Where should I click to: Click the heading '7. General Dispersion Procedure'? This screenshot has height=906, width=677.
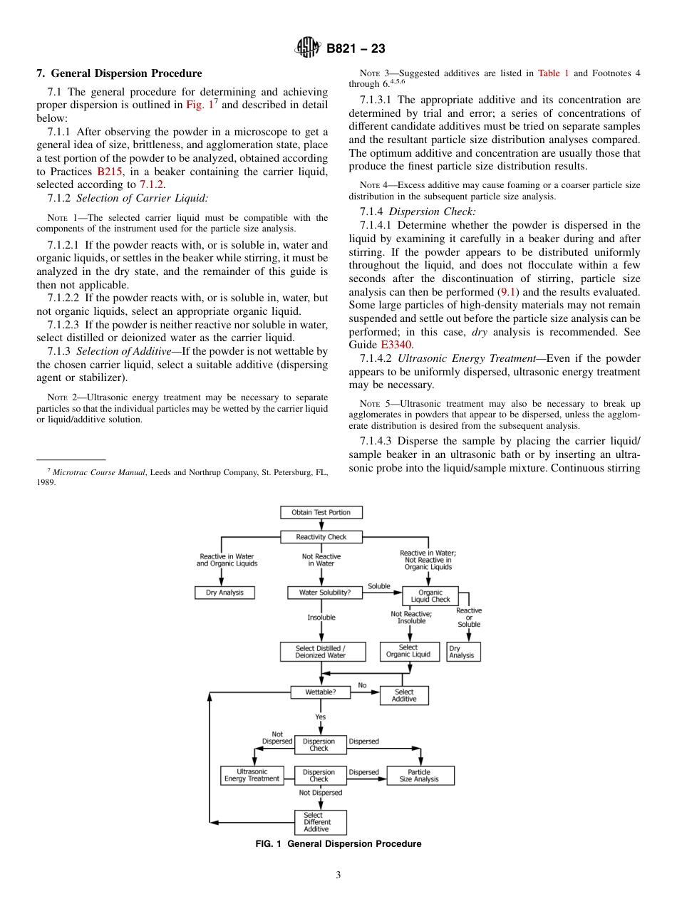point(119,73)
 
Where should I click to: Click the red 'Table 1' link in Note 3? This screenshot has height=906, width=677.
point(552,73)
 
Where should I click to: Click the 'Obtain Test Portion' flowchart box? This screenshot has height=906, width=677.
point(321,512)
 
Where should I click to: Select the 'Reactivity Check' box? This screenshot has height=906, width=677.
point(321,536)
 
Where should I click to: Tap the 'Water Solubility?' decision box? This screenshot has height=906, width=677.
point(324,593)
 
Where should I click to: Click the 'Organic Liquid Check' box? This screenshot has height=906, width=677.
point(430,596)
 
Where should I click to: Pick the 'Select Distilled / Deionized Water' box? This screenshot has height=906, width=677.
point(322,652)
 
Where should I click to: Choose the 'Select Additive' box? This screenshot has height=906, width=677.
point(404,695)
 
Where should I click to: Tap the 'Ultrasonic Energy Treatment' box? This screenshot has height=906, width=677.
point(252,775)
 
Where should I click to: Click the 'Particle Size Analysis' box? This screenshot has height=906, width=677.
point(420,775)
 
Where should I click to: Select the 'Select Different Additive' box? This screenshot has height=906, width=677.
point(320,822)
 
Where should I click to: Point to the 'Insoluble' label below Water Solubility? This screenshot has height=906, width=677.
point(321,618)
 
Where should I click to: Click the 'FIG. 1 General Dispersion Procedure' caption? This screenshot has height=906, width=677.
point(338,844)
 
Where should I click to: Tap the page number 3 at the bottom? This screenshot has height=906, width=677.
point(338,875)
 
